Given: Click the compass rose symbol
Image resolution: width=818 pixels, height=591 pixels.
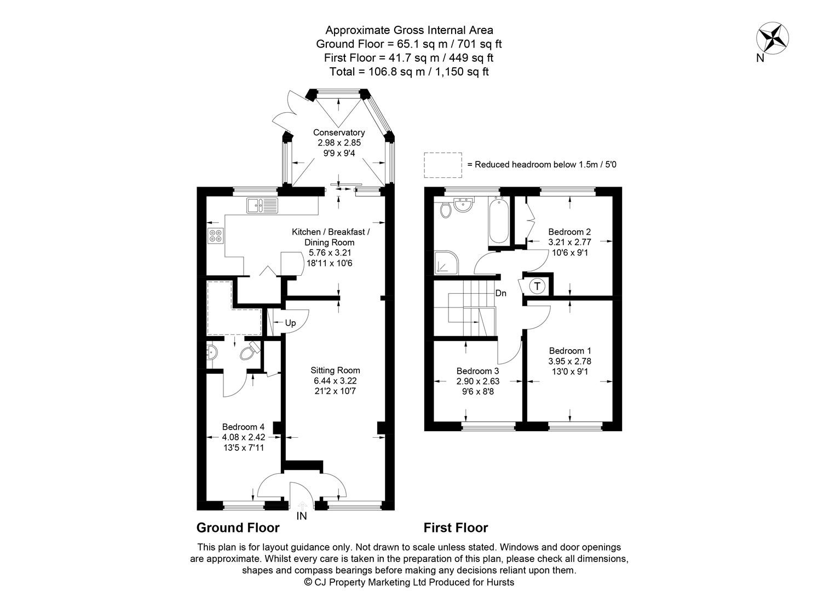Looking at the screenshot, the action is tap(772, 38).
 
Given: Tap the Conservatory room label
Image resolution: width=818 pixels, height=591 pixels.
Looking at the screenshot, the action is tap(339, 132).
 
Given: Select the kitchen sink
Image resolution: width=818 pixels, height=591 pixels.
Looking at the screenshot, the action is tap(262, 205).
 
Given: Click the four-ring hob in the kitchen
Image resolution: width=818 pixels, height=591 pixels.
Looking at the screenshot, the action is tap(215, 236).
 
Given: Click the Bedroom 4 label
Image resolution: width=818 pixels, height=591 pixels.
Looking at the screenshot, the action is tap(243, 427).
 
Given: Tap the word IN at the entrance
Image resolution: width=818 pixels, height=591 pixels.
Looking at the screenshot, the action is tap(302, 516).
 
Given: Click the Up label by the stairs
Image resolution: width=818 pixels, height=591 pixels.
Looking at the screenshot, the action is tap(290, 323).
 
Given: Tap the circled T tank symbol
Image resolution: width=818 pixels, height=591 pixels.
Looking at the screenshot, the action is tap(538, 286).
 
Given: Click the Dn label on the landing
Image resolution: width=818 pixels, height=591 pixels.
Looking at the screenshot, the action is tap(500, 293).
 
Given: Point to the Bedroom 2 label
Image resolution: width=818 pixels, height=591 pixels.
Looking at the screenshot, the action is tap(569, 231).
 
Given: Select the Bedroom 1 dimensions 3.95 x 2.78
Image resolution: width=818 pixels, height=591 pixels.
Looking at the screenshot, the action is tap(570, 361).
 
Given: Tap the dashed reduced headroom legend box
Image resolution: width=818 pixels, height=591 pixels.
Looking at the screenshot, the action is tap(443, 165).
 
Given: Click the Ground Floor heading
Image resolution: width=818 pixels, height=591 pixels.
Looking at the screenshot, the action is tap(238, 528).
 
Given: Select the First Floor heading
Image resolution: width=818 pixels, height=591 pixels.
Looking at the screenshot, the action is tap(456, 528).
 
